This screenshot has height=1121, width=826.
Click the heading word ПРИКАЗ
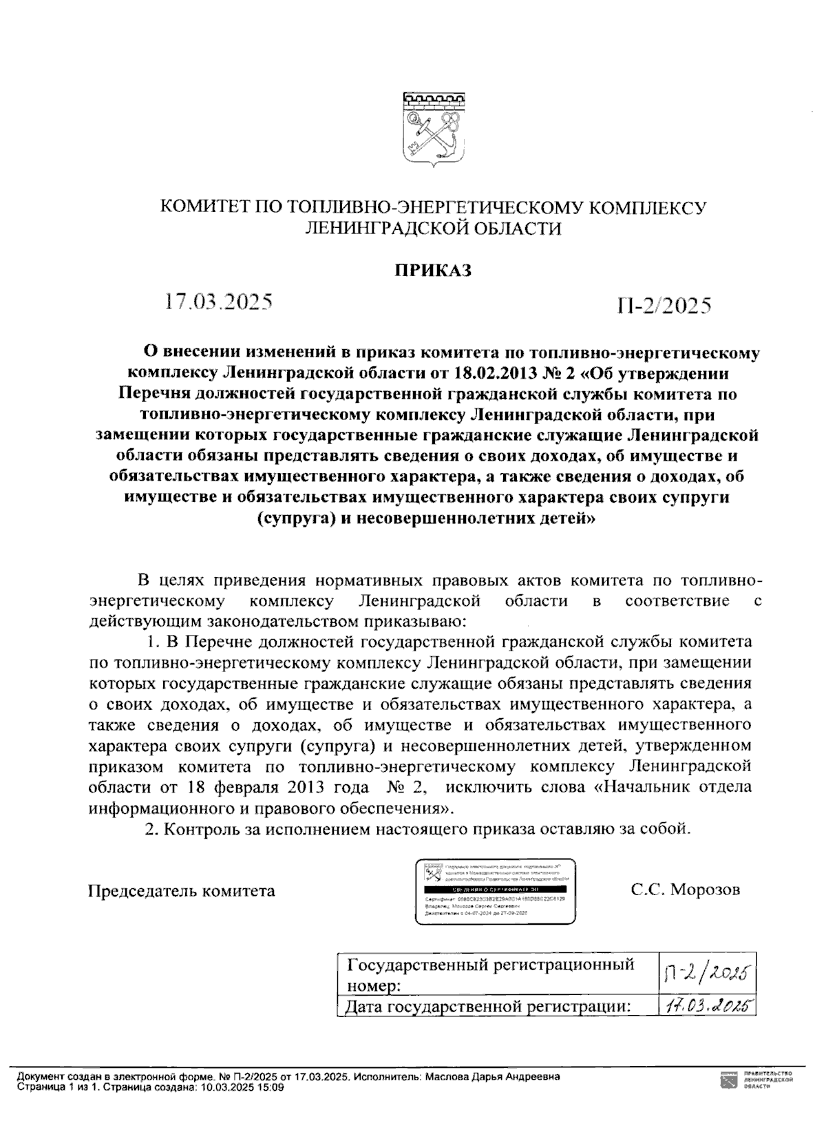[432, 270]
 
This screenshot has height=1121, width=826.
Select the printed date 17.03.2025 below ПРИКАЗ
[218, 302]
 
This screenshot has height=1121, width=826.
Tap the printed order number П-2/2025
[664, 305]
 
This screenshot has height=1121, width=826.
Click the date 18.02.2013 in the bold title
[496, 374]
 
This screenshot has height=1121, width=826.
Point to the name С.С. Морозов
[686, 890]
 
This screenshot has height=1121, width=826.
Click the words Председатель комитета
[182, 891]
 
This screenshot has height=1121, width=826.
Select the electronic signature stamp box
[495, 892]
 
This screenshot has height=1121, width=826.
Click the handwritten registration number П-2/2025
[706, 972]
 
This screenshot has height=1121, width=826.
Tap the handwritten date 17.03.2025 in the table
[706, 1006]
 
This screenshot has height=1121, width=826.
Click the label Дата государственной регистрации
[488, 1007]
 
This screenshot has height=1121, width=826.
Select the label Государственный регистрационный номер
[491, 974]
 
